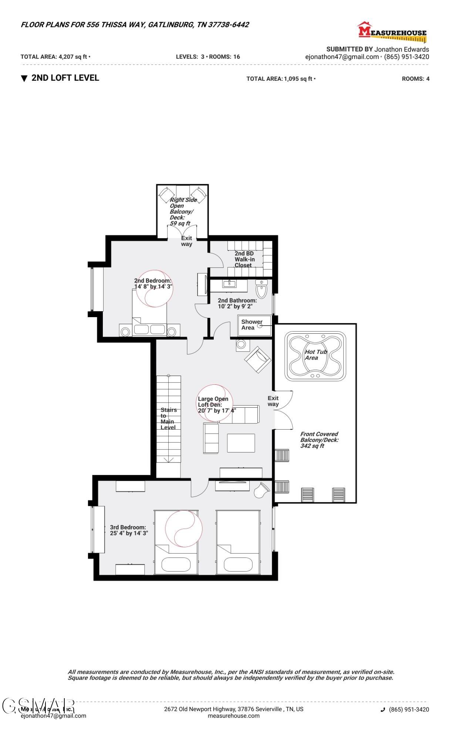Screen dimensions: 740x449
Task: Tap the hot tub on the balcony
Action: tap(315, 356)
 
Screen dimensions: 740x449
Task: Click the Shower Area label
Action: tap(251, 325)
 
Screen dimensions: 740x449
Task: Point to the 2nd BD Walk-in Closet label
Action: tap(244, 259)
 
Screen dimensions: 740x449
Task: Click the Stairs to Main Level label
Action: tap(168, 418)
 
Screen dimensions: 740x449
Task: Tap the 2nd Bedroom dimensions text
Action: tap(153, 286)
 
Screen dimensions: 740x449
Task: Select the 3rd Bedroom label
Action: tap(128, 527)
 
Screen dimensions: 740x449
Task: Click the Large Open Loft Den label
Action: tap(213, 402)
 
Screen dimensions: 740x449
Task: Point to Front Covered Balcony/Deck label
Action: tap(319, 440)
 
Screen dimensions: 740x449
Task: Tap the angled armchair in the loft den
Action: tap(257, 360)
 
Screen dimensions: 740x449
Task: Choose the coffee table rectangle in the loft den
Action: tap(241, 443)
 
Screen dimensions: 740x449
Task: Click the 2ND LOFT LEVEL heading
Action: tap(65, 78)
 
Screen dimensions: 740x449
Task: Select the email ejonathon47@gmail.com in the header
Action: tap(342, 57)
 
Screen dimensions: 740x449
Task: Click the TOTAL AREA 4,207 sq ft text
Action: tap(55, 57)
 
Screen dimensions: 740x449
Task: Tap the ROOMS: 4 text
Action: tap(415, 79)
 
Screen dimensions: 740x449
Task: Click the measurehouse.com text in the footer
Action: tap(233, 716)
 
